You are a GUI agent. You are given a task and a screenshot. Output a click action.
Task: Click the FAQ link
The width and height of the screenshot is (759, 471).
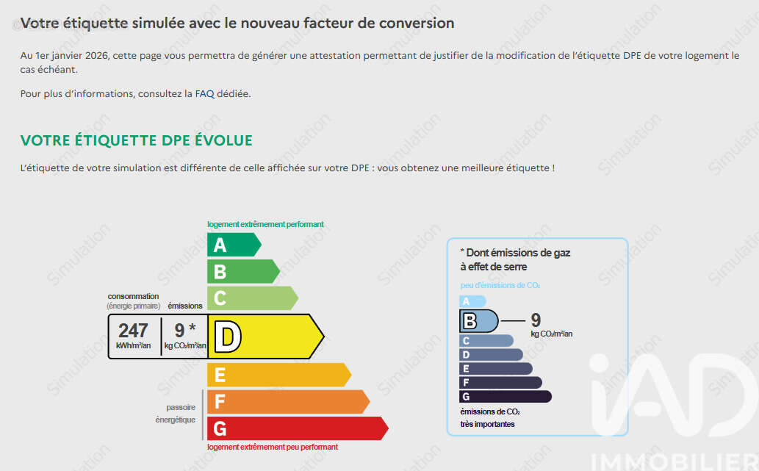click(204, 93)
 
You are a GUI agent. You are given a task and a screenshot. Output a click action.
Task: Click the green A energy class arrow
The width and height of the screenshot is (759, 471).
click(234, 245)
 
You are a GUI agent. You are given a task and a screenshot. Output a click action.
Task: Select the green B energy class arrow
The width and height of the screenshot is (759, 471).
click(243, 271)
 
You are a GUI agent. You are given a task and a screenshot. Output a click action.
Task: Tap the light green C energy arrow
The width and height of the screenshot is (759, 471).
click(252, 298)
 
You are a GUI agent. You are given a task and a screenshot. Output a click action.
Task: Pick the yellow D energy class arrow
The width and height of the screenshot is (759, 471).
click(266, 337)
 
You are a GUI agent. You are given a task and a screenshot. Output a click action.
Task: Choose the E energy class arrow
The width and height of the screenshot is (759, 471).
click(278, 375)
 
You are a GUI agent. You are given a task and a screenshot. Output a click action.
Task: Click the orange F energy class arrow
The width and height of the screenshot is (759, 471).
click(288, 402)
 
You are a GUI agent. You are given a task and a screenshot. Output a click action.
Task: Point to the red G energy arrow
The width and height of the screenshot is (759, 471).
click(298, 428)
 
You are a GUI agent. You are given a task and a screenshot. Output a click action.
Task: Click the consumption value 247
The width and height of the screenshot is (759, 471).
click(133, 331)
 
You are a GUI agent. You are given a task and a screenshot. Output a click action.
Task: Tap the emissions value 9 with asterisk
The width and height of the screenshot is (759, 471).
click(185, 330)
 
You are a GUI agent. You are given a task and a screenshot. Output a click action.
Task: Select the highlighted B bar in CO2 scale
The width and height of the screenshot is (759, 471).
click(479, 321)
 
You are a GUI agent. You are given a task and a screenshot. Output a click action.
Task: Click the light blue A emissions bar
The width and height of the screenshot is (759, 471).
click(472, 301)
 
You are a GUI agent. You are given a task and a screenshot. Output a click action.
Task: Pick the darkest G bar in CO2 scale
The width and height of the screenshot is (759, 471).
click(506, 397)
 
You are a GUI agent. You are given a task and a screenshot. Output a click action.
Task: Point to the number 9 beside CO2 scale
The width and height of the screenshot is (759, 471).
click(536, 320)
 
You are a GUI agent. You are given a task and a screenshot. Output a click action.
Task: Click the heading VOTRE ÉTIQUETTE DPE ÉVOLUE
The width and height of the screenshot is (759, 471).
click(137, 140)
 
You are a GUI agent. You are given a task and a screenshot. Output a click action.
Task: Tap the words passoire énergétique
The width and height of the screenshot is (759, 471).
click(176, 414)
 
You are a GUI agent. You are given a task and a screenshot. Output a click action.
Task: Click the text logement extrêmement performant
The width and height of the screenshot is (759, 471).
click(265, 224)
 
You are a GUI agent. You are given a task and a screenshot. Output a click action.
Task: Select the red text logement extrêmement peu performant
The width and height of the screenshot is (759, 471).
click(273, 447)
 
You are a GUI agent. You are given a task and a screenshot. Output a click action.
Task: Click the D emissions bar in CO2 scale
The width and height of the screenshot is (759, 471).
click(491, 355)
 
